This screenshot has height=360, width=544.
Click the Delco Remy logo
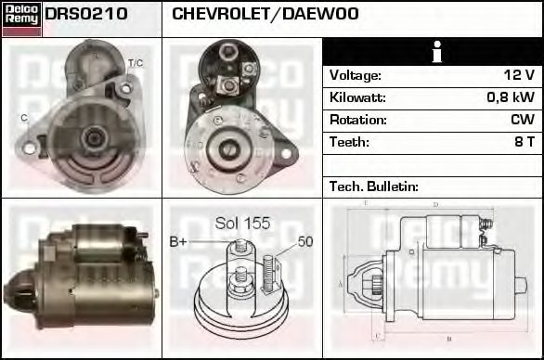[x=21, y=19]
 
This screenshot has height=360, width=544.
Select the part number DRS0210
[x=86, y=15]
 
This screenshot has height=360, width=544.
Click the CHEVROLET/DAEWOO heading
[x=265, y=15]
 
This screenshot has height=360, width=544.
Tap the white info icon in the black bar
[x=433, y=52]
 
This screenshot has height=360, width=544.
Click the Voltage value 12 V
[x=517, y=75]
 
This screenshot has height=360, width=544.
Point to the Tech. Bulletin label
[x=374, y=186]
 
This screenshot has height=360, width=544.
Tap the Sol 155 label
[x=242, y=223]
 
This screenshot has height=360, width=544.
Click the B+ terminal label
[x=178, y=242]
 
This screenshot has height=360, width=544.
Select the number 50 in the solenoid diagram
[x=305, y=242]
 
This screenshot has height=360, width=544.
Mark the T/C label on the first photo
[x=135, y=63]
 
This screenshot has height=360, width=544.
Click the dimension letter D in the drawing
[x=435, y=205]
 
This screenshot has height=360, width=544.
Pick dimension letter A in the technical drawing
[x=341, y=283]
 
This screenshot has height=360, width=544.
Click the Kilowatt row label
[x=357, y=97]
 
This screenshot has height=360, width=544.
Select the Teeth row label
[x=349, y=142]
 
